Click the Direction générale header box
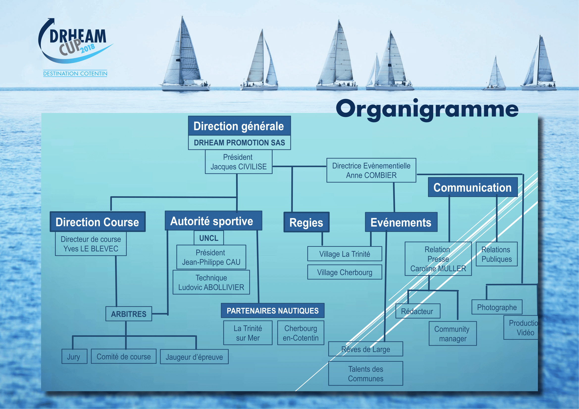click(239, 126)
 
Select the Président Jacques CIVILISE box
click(238, 162)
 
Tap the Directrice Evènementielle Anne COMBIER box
click(371, 170)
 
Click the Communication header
click(472, 187)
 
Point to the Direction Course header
click(97, 222)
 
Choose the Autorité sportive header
click(213, 221)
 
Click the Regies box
click(306, 222)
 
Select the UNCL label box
click(208, 238)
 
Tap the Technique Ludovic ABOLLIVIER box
click(211, 282)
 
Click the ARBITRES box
click(129, 314)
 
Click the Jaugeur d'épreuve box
click(194, 357)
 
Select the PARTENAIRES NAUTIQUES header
click(272, 311)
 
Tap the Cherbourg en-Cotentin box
click(300, 333)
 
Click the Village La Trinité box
click(345, 254)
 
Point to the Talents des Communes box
click(365, 373)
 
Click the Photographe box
click(497, 307)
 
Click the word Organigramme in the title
click(427, 109)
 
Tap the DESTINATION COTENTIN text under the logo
click(75, 73)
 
